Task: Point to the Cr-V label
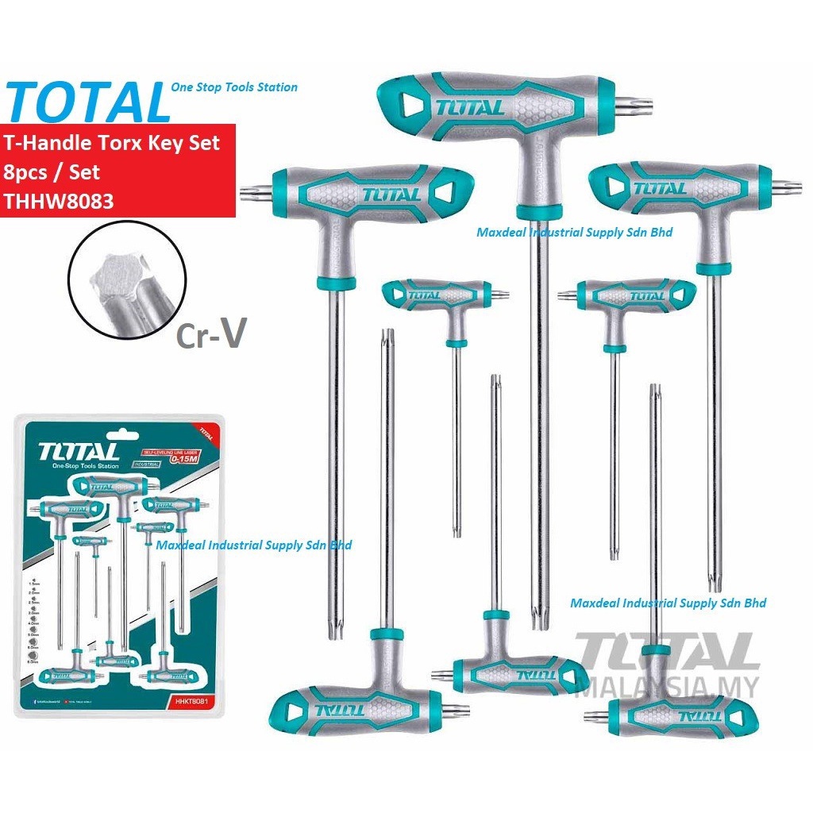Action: click(x=210, y=334)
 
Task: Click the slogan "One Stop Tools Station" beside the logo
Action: click(x=234, y=87)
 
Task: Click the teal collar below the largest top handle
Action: click(x=540, y=211)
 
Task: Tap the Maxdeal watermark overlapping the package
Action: click(x=253, y=545)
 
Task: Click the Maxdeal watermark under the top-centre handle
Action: click(x=574, y=233)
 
